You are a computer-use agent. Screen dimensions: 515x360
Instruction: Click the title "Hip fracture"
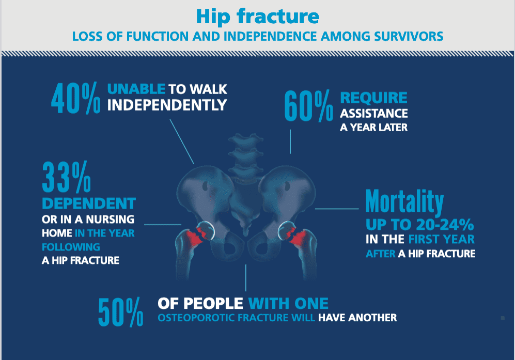tap(257, 17)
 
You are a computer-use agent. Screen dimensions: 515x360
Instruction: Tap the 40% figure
tap(75, 98)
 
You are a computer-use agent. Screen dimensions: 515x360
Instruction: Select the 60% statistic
tap(308, 106)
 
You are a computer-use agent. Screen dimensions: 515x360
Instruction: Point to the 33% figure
tap(67, 177)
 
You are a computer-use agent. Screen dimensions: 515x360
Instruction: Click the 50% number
tap(121, 312)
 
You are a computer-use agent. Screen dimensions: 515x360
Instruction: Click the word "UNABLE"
tap(136, 89)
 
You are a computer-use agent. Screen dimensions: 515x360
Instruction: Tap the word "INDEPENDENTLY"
tap(167, 105)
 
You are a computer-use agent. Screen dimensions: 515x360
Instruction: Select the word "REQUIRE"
tap(374, 98)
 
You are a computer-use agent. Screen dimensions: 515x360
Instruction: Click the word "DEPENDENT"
tap(89, 204)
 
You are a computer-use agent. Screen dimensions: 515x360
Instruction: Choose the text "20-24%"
tap(445, 225)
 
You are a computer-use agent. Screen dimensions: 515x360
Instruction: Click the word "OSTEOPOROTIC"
tap(196, 318)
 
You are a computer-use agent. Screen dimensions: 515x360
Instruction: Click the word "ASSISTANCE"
tap(374, 113)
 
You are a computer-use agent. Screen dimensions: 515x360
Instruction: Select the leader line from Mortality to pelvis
tap(337, 209)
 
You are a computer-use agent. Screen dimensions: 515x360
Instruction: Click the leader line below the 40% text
tap(182, 141)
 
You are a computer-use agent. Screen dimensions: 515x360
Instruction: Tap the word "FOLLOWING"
tap(71, 247)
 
